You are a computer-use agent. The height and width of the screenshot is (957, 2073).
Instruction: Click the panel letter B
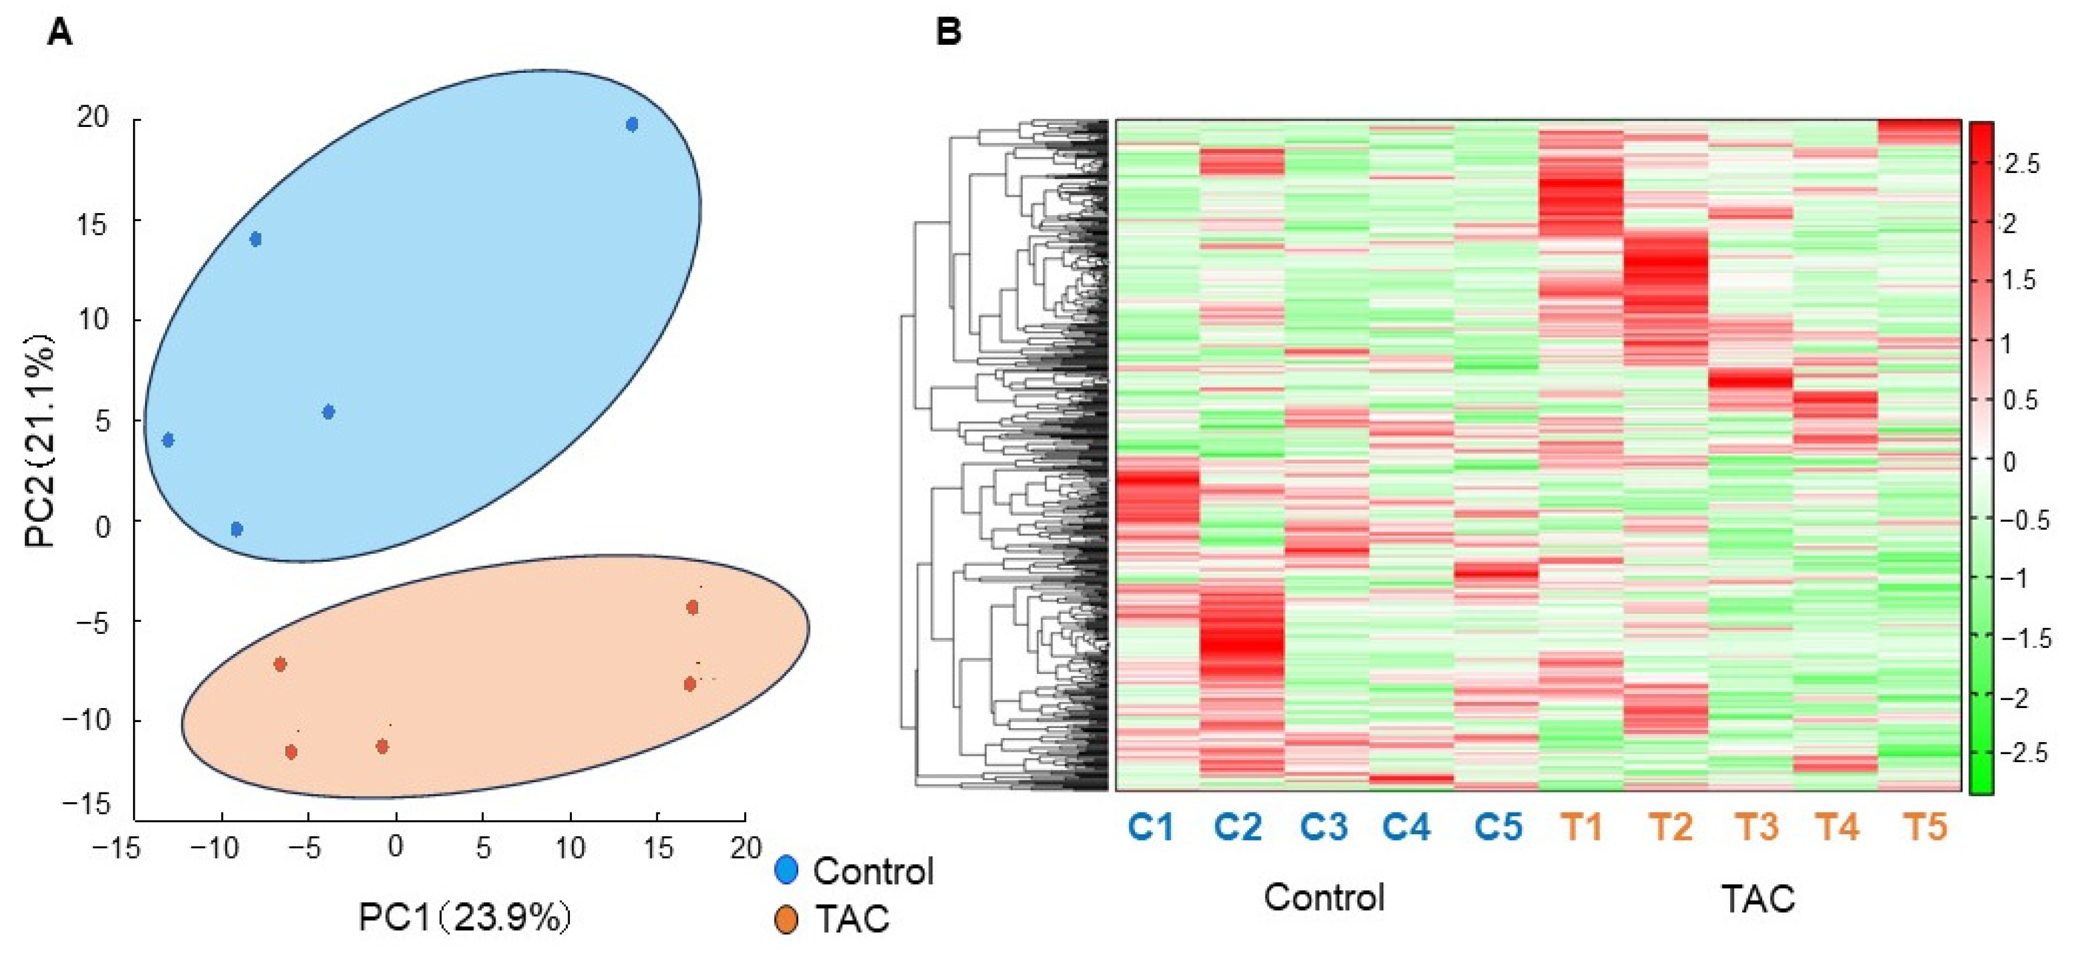pos(949,33)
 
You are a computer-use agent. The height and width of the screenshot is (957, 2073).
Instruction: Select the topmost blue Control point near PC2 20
pos(632,124)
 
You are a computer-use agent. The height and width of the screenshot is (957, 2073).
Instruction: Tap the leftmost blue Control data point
pos(168,440)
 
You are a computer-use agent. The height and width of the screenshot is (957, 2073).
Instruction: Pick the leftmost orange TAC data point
pos(280,665)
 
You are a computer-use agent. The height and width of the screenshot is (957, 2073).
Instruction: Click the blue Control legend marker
pos(785,870)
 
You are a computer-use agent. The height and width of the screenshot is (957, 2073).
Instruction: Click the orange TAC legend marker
pos(785,918)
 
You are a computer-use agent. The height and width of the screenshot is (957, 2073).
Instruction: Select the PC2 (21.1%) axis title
pos(40,440)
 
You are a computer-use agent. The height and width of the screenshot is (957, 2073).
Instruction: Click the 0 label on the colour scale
pos(2009,461)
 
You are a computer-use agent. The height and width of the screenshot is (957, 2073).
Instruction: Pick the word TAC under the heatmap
pos(1759,898)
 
